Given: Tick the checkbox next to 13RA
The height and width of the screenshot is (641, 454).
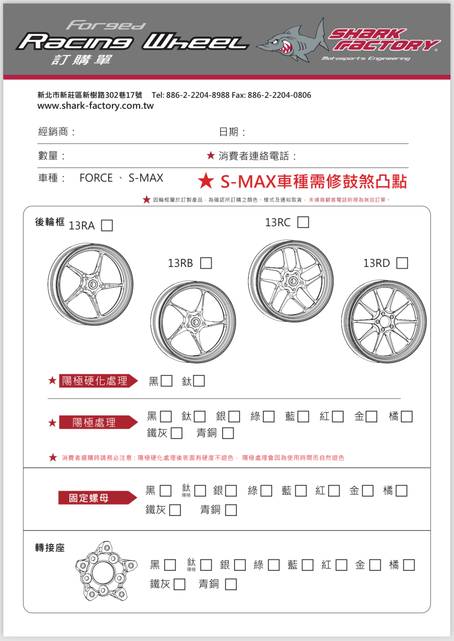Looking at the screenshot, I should coord(107,225).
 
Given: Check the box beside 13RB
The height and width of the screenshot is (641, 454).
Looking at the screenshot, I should coord(206,263).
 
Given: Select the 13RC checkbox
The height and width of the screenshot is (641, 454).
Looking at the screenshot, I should coord(303,222).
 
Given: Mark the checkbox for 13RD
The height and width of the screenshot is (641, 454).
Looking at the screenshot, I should coord(402,263).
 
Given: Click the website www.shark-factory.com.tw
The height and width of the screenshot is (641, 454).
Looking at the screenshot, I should coord(95,106).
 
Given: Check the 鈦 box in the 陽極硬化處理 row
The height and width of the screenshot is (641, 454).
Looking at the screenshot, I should coord(199,381).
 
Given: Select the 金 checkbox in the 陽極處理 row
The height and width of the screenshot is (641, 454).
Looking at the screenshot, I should coord(371,416).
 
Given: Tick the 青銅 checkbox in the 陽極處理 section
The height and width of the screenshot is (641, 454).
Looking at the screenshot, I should coord(228,433).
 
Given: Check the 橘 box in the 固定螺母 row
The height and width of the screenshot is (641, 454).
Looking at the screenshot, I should coord(401,491).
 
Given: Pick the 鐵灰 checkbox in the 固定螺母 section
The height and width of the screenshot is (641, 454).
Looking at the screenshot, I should coord(175,510).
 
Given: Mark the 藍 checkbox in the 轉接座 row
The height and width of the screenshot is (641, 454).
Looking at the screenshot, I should coord(307,565).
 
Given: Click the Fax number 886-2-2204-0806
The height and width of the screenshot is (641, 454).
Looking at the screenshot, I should coord(279,95).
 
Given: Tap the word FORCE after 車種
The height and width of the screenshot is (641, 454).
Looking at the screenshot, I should coord(96,178).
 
